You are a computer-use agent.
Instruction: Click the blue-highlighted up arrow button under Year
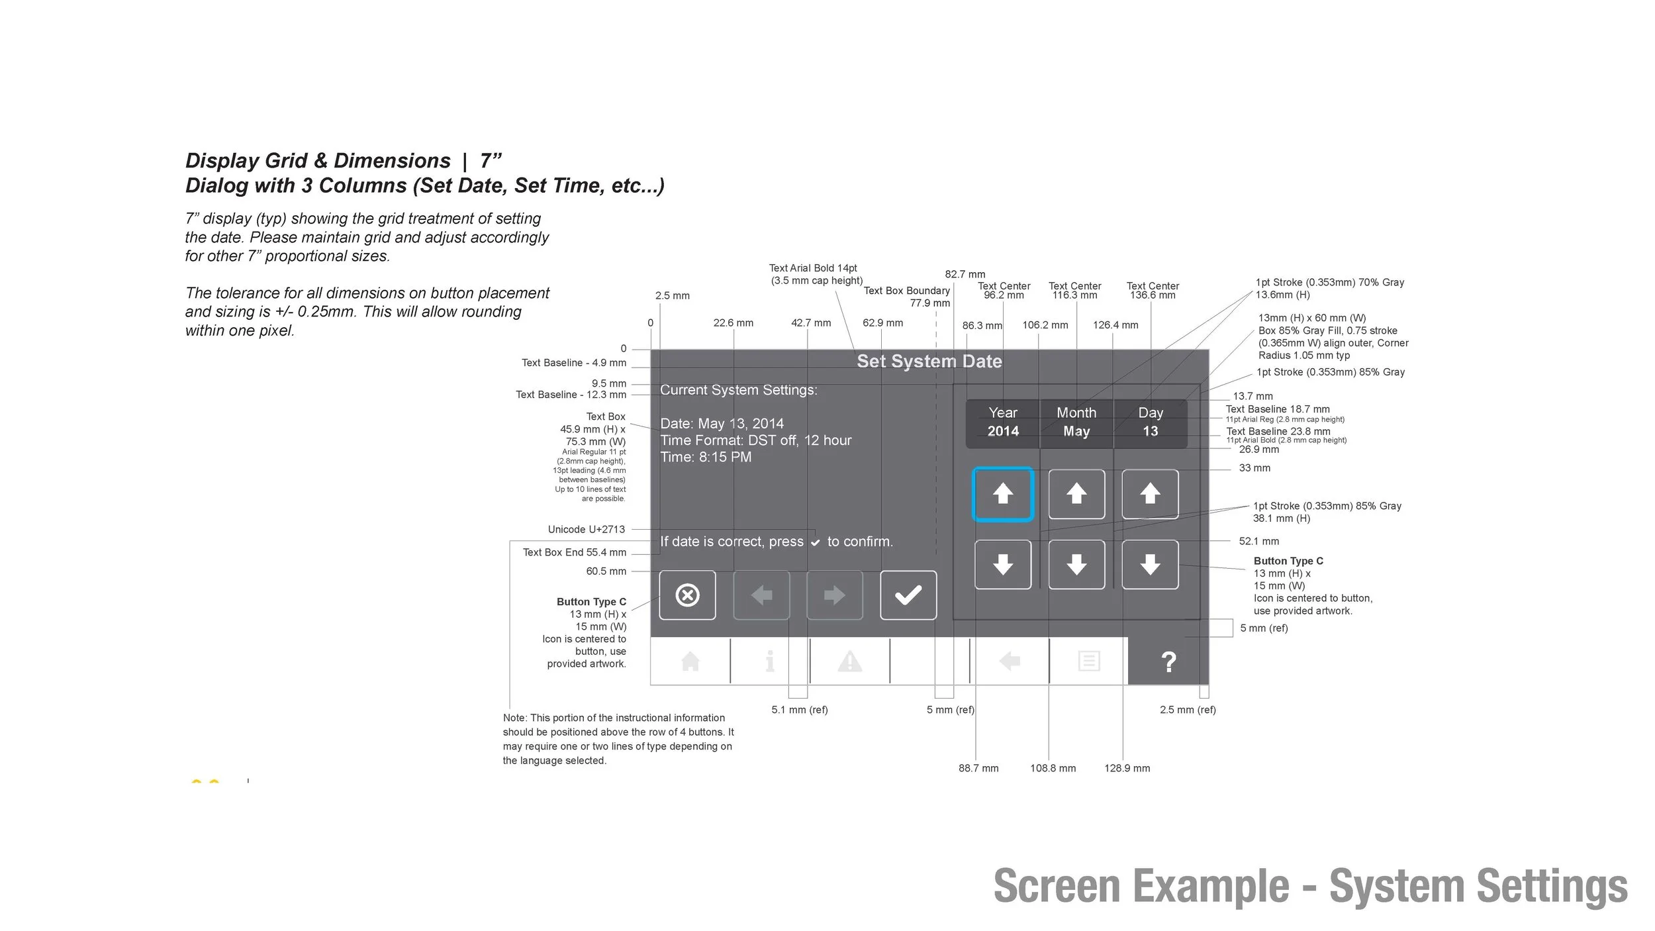click(x=1003, y=494)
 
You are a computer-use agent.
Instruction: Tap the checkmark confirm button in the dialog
click(x=908, y=595)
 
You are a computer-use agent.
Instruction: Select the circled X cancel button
click(x=687, y=595)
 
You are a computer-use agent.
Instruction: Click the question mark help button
click(x=1168, y=661)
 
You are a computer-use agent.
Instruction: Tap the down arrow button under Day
click(x=1150, y=565)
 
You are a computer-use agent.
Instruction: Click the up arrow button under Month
click(x=1076, y=494)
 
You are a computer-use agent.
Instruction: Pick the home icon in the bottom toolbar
click(x=690, y=661)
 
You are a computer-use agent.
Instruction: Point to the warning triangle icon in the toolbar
click(x=849, y=661)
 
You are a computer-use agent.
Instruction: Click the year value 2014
click(x=1003, y=431)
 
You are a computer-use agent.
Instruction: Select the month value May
click(x=1076, y=431)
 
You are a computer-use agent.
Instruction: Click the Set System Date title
click(x=929, y=362)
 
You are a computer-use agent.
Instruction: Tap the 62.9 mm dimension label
click(x=882, y=323)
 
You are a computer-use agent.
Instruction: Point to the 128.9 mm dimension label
click(x=1127, y=768)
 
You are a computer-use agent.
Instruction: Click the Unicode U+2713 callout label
click(x=586, y=530)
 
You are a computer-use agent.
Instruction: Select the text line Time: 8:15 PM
click(x=706, y=457)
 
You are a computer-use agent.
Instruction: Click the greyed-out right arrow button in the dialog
click(x=834, y=595)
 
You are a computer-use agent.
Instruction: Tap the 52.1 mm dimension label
click(x=1258, y=541)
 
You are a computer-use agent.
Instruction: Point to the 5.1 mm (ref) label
click(x=799, y=710)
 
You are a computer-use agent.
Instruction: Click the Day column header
click(x=1151, y=413)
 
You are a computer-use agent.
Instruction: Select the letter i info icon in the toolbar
click(x=769, y=661)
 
